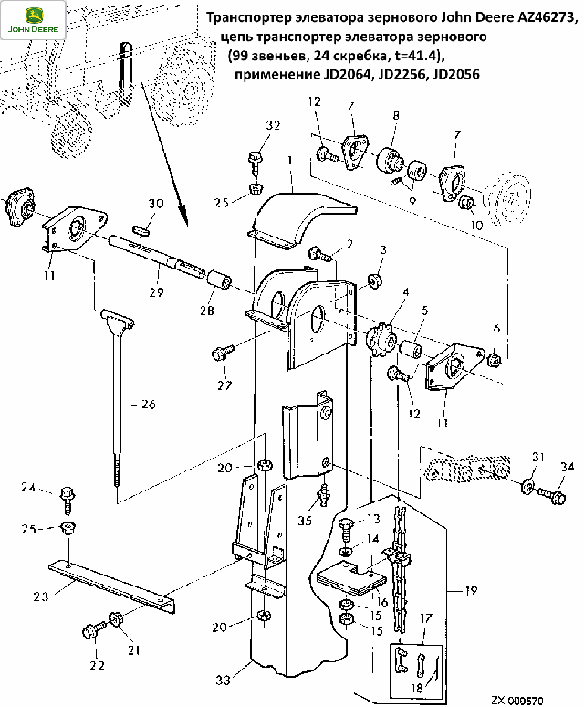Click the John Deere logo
pyautogui.click(x=33, y=20)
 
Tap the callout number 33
pyautogui.click(x=224, y=680)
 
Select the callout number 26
pyautogui.click(x=148, y=404)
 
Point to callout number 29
pyautogui.click(x=156, y=292)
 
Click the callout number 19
pyautogui.click(x=471, y=590)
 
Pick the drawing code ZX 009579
pyautogui.click(x=516, y=701)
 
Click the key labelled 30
pyautogui.click(x=141, y=229)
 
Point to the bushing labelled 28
pyautogui.click(x=219, y=281)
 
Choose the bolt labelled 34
pyautogui.click(x=551, y=495)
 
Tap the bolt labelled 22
pyautogui.click(x=95, y=629)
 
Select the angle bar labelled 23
pyautogui.click(x=111, y=586)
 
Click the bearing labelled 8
pyautogui.click(x=388, y=161)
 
